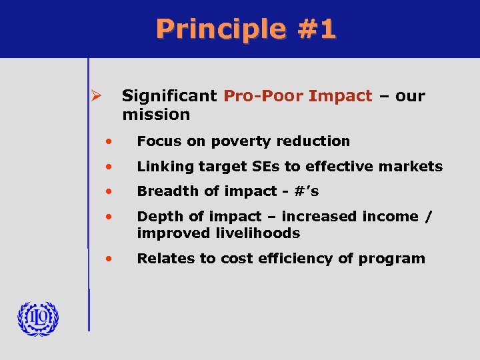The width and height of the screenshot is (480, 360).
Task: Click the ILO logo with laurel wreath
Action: coord(38,319)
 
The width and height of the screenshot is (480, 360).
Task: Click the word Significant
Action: coord(169,96)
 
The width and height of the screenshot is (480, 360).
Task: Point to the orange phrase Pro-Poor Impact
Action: coord(298,96)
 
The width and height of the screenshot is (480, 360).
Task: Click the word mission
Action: coord(156,115)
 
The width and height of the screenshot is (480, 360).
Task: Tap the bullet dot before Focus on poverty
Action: coord(108,141)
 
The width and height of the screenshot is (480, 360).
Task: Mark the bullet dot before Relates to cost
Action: coord(108,259)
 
